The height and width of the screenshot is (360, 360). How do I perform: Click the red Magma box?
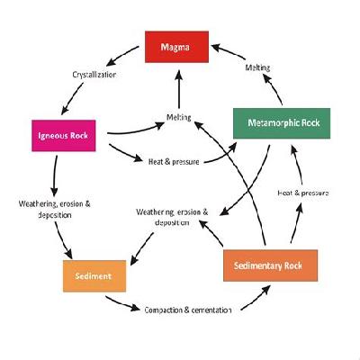point(176,47)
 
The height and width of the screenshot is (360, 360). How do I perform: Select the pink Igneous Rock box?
point(64,136)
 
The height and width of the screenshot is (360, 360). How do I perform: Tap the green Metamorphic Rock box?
point(282,123)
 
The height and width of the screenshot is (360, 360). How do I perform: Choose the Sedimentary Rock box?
point(270,265)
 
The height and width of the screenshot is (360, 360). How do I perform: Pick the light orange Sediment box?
point(94,276)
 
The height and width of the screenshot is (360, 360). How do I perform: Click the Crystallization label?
point(94,75)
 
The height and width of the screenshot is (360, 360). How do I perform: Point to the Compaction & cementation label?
point(188,310)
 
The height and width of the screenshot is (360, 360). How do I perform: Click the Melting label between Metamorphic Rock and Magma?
point(257,67)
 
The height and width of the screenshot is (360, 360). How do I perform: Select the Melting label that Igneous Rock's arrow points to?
point(179,117)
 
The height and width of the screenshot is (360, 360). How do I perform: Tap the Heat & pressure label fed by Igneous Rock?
point(174,162)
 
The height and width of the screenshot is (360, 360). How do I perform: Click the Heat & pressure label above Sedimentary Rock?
point(303,193)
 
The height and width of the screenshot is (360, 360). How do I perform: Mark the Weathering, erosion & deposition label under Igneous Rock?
point(55,210)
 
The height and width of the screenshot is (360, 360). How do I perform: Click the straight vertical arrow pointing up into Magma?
point(179,89)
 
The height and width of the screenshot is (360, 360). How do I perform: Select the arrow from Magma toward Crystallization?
point(122,56)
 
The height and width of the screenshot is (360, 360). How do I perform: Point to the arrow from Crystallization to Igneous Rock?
point(72,98)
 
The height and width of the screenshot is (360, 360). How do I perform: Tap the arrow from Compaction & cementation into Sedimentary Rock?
point(256,298)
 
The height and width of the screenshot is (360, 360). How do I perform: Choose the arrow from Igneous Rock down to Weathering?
point(55,175)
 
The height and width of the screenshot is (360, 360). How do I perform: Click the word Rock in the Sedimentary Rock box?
point(293,265)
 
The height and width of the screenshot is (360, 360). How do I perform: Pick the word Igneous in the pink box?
point(49,136)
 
